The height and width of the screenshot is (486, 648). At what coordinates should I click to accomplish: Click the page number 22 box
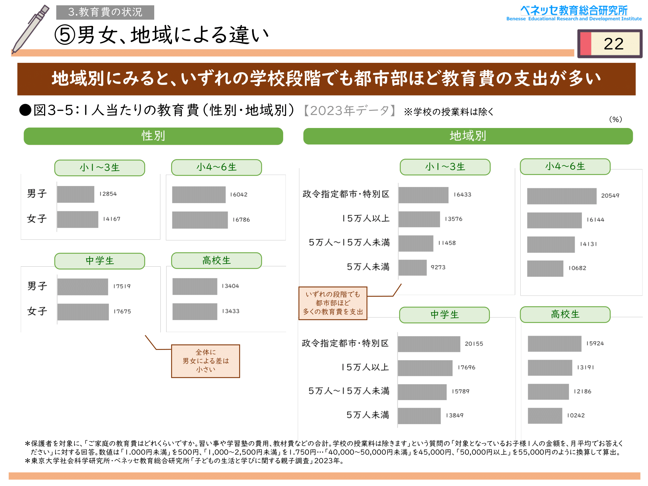pos(609,44)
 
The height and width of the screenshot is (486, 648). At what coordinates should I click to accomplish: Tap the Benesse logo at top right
pos(574,13)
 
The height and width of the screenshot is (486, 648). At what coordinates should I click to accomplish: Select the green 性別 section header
pos(153,136)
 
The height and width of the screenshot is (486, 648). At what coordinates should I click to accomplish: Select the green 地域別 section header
pos(468,136)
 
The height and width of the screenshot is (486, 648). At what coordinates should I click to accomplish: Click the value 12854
pos(108,194)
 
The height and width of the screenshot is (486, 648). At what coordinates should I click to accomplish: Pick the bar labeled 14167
pos(77,219)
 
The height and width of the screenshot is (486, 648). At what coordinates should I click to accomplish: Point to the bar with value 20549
pos(561,196)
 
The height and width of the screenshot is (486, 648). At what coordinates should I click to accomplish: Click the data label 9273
pos(438,267)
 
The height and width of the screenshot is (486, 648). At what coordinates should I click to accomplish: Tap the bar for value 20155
pos(429,344)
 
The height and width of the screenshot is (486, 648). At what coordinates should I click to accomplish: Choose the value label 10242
pos(576,415)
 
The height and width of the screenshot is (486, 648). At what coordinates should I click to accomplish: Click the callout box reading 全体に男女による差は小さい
pos(205,361)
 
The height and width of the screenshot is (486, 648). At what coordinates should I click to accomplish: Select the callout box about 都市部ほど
pos(333,303)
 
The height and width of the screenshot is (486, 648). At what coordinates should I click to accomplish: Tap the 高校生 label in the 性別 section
pos(216,260)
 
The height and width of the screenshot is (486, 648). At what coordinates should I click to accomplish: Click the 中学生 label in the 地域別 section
pos(444,315)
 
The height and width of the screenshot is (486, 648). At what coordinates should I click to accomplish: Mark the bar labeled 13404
pos(195,286)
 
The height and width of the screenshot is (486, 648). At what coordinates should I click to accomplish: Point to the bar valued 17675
pos(83,312)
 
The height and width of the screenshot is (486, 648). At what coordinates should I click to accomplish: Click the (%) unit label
pos(615,119)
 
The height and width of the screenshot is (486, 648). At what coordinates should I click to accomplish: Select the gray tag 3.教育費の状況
pos(105,12)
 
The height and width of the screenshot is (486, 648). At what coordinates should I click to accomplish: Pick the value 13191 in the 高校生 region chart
pos(585,367)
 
